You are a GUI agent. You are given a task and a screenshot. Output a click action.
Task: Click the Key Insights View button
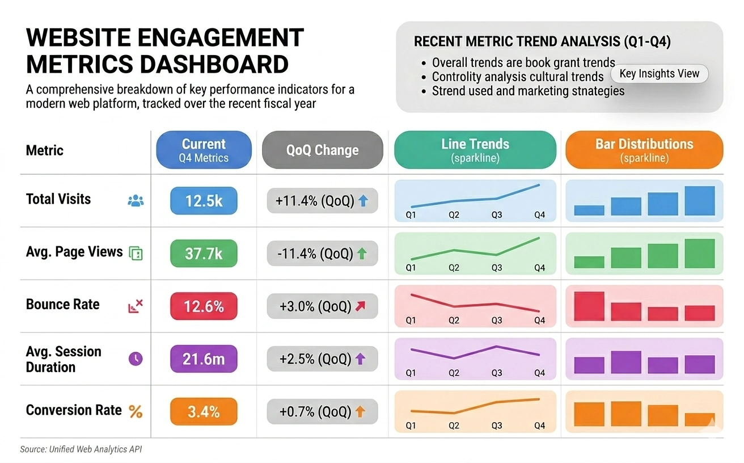pyautogui.click(x=659, y=74)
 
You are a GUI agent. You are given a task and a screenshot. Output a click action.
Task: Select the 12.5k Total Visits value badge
pyautogui.click(x=204, y=200)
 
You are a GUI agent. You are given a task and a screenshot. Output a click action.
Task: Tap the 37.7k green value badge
pyautogui.click(x=204, y=254)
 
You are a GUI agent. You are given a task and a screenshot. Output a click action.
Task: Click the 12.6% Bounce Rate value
pyautogui.click(x=204, y=306)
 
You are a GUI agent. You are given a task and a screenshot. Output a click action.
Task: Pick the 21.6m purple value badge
pyautogui.click(x=204, y=359)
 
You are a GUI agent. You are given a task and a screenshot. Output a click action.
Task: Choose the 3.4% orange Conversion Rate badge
pyautogui.click(x=204, y=411)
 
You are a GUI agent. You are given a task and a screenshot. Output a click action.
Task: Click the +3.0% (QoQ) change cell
pyautogui.click(x=322, y=306)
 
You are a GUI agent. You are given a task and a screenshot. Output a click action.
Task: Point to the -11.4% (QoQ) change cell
pyautogui.click(x=322, y=254)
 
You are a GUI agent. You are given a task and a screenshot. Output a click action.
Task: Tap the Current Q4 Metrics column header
pyautogui.click(x=204, y=150)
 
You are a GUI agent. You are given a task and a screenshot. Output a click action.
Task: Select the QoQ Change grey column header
pyautogui.click(x=322, y=150)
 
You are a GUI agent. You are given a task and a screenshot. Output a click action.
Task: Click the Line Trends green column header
pyautogui.click(x=475, y=150)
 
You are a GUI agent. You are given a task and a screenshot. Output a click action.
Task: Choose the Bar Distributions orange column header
pyautogui.click(x=644, y=150)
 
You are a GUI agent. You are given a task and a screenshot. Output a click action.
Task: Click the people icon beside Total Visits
pyautogui.click(x=136, y=200)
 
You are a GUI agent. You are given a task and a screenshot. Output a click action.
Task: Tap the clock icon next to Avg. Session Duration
pyautogui.click(x=136, y=359)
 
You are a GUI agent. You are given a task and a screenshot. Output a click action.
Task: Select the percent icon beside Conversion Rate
pyautogui.click(x=136, y=411)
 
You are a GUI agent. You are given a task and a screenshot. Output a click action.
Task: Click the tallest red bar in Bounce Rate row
pyautogui.click(x=589, y=306)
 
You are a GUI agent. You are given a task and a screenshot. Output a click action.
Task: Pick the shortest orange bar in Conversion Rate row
pyautogui.click(x=699, y=419)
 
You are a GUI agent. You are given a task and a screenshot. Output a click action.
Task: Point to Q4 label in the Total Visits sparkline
pyautogui.click(x=539, y=216)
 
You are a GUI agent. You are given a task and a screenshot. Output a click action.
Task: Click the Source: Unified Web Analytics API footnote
pyautogui.click(x=81, y=449)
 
